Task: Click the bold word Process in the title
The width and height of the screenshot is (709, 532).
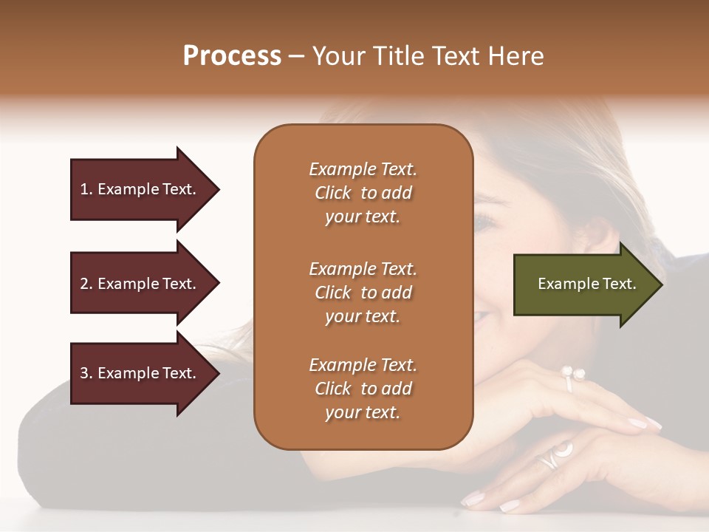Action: click(232, 56)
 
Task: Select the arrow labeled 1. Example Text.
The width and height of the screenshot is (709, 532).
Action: click(140, 189)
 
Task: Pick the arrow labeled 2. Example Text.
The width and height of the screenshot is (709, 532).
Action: click(140, 284)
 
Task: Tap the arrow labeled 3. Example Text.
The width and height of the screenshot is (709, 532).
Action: click(140, 373)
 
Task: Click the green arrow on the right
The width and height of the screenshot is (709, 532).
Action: click(583, 284)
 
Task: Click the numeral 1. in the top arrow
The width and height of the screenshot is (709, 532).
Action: click(86, 189)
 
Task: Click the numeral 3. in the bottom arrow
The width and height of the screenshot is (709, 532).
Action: click(86, 373)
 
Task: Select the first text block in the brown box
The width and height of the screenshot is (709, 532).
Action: click(363, 193)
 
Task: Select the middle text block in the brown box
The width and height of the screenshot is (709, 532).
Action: click(363, 292)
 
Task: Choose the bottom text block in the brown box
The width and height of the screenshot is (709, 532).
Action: click(363, 389)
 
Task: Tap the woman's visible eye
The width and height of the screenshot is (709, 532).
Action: click(484, 220)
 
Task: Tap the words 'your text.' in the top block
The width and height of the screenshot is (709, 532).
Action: click(363, 217)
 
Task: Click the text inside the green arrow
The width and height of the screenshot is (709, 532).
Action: click(586, 284)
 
